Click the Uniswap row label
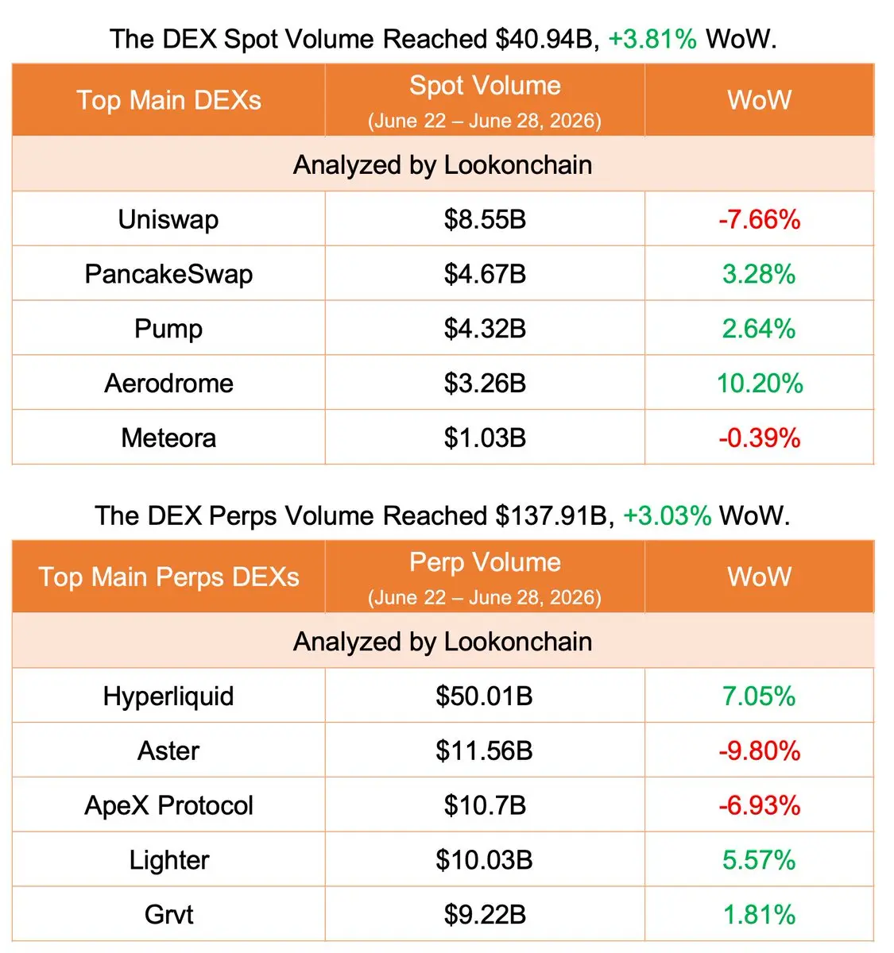(168, 220)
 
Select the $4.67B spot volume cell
(485, 274)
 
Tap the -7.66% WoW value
(760, 220)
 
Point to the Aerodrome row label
(168, 384)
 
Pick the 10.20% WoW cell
(760, 384)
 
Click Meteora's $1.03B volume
(485, 438)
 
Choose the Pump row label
(168, 330)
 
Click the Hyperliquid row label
(168, 696)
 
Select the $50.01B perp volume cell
(484, 696)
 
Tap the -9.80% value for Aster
(760, 751)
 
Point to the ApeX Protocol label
(168, 805)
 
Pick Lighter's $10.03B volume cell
(484, 860)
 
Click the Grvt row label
(168, 915)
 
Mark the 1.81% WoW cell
(760, 915)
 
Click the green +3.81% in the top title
(652, 39)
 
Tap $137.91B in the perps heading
(552, 516)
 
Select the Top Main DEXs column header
(168, 100)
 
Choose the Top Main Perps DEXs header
(168, 577)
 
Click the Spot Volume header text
(485, 86)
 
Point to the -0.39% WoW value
(760, 438)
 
